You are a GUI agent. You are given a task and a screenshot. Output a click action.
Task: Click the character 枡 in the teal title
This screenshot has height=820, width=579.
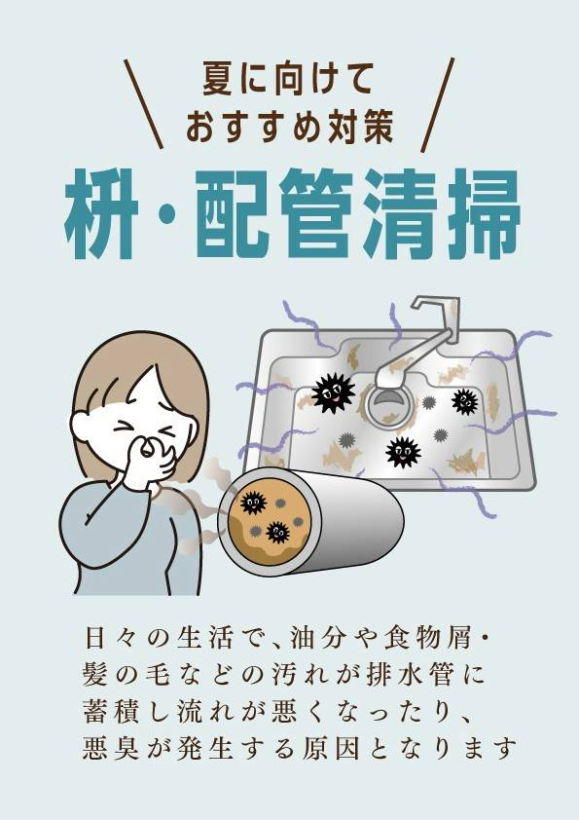(x=101, y=214)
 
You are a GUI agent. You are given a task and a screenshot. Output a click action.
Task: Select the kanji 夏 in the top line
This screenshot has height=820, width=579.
(x=218, y=79)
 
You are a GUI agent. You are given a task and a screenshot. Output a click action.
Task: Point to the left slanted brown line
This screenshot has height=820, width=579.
(x=144, y=103)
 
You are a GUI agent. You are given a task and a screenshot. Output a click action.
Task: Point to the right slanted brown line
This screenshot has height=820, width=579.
(x=437, y=104)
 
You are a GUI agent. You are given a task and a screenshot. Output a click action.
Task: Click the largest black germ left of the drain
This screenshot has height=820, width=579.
(x=333, y=393)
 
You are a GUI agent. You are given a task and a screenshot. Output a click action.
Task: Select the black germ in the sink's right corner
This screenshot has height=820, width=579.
(x=465, y=401)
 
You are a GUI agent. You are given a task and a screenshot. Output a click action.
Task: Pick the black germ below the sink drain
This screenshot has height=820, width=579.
(x=403, y=452)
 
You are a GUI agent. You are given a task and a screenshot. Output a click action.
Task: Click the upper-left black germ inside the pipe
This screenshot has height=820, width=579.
(x=253, y=503)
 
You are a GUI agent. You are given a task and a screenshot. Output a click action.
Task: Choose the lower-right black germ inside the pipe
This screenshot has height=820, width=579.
(x=277, y=532)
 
